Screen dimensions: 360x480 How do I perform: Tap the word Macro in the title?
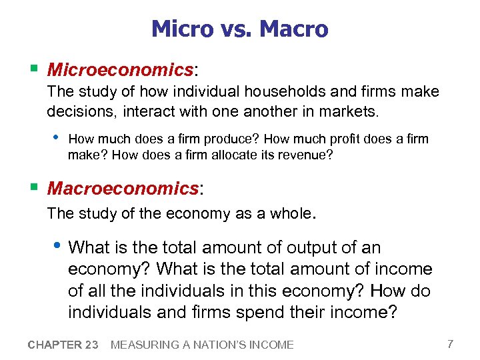pos(293,29)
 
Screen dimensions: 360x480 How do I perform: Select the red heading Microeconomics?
pos(119,69)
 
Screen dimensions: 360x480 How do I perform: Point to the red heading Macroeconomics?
pos(123,189)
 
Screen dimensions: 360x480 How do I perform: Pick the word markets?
pos(349,112)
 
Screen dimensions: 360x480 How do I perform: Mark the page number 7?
pos(451,344)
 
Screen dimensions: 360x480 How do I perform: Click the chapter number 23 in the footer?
pos(91,345)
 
